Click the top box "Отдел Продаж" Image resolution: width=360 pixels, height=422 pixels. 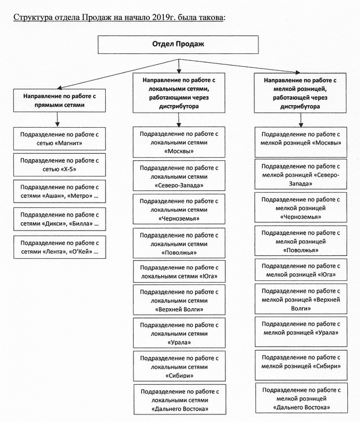pyautogui.click(x=178, y=45)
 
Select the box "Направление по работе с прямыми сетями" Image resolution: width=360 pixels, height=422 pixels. pyautogui.click(x=59, y=100)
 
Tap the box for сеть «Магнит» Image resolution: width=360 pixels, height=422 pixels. pyautogui.click(x=59, y=139)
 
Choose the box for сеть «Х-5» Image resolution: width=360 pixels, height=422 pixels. pyautogui.click(x=59, y=165)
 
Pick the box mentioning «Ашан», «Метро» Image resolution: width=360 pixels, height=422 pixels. pyautogui.click(x=59, y=192)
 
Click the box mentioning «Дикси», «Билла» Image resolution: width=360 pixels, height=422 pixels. pyautogui.click(x=59, y=219)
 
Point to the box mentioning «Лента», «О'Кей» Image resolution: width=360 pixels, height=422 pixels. pyautogui.click(x=59, y=247)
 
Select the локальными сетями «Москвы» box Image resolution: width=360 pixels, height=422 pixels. pyautogui.click(x=179, y=142)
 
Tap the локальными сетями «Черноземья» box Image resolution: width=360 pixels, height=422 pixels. pyautogui.click(x=179, y=209)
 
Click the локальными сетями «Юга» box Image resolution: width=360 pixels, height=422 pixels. pyautogui.click(x=179, y=272)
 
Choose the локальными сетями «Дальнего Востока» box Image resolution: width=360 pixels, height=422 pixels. pyautogui.click(x=180, y=399)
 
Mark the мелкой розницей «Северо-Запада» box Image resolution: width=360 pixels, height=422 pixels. pyautogui.click(x=301, y=174)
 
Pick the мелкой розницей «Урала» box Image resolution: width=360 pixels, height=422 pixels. pyautogui.click(x=301, y=332)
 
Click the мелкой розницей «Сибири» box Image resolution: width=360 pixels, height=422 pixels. pyautogui.click(x=301, y=365)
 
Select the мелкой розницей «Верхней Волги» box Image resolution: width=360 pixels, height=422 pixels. pyautogui.click(x=301, y=299)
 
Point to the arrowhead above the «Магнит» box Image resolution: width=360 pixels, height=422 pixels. pyautogui.click(x=57, y=124)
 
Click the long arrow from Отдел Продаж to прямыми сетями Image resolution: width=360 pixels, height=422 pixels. pyautogui.click(x=118, y=74)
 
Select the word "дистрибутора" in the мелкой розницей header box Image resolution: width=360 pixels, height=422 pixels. pyautogui.click(x=300, y=106)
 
